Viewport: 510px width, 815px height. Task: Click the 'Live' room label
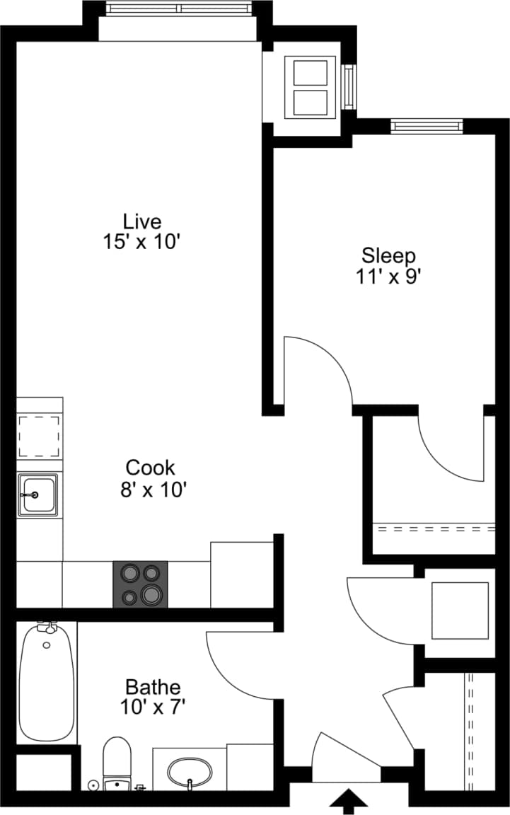point(142,221)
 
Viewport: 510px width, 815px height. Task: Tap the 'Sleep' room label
point(388,255)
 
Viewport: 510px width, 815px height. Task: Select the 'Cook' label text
point(150,468)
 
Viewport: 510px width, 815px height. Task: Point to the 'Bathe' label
point(153,686)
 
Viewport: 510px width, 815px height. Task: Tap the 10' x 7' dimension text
point(153,706)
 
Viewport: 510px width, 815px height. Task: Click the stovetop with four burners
point(141,584)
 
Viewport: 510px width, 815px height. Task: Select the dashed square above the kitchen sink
point(39,437)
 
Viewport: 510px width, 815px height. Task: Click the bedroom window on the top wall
point(427,127)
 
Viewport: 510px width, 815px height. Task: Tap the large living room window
point(178,8)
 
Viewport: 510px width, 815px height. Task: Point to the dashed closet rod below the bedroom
point(434,528)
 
